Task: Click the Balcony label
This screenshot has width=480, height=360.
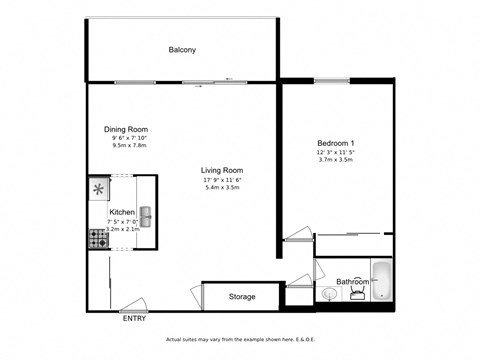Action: click(182, 50)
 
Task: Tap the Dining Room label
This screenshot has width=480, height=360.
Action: click(126, 128)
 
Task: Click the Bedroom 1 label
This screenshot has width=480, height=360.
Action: click(337, 143)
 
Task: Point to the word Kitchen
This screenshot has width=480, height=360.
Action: click(122, 213)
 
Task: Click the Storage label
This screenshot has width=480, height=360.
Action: click(242, 297)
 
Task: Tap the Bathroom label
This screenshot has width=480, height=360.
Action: click(352, 282)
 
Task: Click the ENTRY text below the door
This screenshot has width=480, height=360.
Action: click(134, 319)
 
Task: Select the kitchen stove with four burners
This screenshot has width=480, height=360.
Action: click(99, 240)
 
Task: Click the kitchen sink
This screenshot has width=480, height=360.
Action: click(146, 213)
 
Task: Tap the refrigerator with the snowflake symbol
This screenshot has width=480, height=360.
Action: click(99, 188)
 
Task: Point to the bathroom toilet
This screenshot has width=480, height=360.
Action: click(356, 296)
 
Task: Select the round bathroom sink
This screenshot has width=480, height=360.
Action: click(329, 294)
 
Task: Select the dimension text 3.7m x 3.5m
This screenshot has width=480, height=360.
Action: click(337, 160)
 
